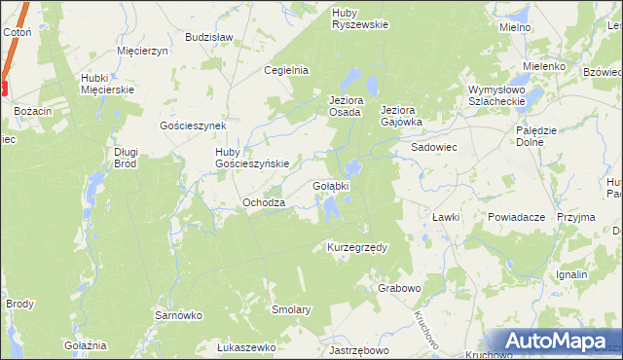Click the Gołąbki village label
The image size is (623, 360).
(332, 184)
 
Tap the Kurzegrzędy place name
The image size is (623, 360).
(357, 247)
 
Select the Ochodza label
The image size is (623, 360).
(263, 202)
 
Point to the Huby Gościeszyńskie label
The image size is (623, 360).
(252, 158)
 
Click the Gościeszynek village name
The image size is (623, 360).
(193, 126)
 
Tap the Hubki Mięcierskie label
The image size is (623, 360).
(107, 83)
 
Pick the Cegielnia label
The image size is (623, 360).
(287, 70)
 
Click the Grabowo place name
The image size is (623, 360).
(399, 288)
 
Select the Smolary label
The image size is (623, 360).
(291, 309)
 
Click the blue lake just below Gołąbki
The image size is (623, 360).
(334, 207)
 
